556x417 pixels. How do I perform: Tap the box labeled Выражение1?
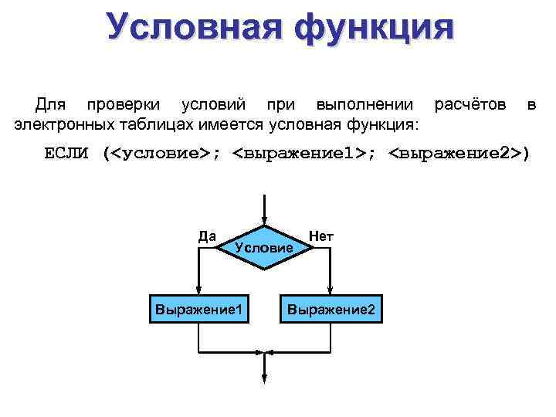point(200,309)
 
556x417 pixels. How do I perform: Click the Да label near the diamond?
point(207,236)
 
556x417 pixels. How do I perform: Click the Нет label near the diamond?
point(320,235)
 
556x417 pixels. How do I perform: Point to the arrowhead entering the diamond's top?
point(264,221)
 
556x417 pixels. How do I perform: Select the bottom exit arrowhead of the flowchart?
point(264,378)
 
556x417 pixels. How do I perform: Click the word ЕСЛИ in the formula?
point(68,153)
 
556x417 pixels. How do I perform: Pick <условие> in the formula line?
point(161,153)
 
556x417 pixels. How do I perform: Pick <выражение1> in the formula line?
point(300,153)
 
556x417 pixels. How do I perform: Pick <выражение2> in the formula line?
point(454,153)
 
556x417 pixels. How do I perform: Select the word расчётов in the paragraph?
point(470,103)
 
